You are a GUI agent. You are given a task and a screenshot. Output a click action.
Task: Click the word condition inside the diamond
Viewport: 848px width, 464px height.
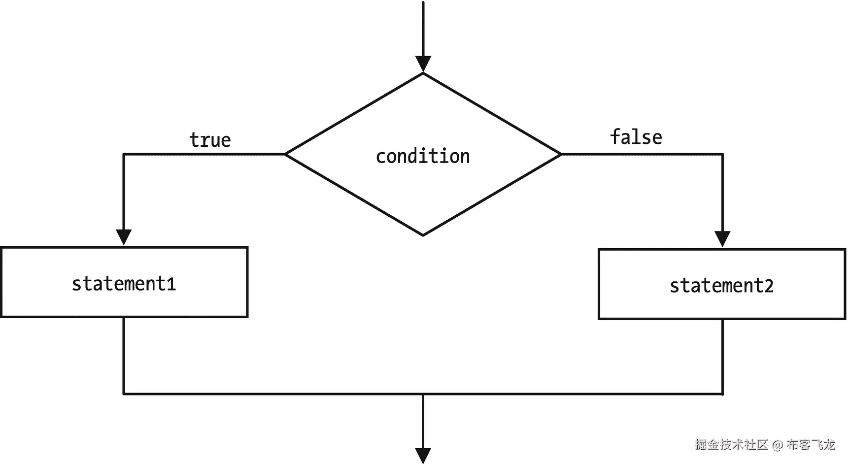point(423,156)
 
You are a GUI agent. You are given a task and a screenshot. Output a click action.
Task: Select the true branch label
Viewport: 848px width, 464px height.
point(210,140)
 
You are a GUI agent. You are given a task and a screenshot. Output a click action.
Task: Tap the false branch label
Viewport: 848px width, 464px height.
point(636,137)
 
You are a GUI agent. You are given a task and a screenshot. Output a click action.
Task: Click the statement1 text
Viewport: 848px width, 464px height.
point(124,284)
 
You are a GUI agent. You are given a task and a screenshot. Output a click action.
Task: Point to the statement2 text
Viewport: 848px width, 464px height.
point(721,286)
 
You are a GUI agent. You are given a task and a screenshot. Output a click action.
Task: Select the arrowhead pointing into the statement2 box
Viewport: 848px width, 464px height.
point(722,239)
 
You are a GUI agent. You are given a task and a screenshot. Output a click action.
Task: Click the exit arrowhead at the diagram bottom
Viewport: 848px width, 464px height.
point(423,456)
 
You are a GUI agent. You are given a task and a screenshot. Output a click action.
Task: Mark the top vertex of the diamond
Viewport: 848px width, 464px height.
point(423,73)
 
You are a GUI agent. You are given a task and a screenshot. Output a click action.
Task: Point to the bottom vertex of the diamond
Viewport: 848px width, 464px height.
point(423,235)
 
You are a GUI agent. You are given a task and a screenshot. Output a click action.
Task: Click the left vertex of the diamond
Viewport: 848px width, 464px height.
point(285,154)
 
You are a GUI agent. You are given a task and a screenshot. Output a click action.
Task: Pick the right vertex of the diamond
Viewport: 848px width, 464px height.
point(561,154)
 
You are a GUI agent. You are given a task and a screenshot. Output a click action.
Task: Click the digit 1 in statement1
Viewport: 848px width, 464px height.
point(171,284)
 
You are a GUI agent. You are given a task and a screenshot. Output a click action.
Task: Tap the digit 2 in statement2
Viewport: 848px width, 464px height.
point(769,286)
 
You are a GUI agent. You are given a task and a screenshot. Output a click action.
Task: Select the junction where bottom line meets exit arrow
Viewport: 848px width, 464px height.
point(423,394)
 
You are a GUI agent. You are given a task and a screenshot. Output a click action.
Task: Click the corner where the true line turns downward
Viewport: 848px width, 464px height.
point(124,154)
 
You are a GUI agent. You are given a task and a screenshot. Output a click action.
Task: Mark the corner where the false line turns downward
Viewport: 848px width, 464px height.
point(722,154)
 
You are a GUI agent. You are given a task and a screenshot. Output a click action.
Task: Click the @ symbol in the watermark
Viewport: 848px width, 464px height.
point(778,445)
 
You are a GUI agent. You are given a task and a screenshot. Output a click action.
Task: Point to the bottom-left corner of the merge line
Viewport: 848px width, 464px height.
point(124,394)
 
